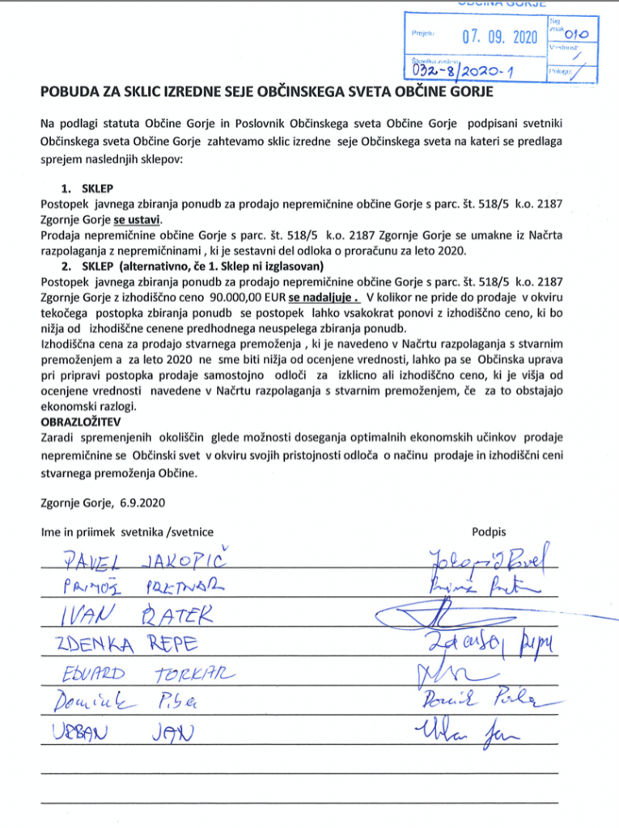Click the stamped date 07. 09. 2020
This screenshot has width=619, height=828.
499,37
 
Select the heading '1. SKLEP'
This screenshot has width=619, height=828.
90,188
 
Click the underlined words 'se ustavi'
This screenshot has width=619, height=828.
138,219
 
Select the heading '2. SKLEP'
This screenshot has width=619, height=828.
90,266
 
